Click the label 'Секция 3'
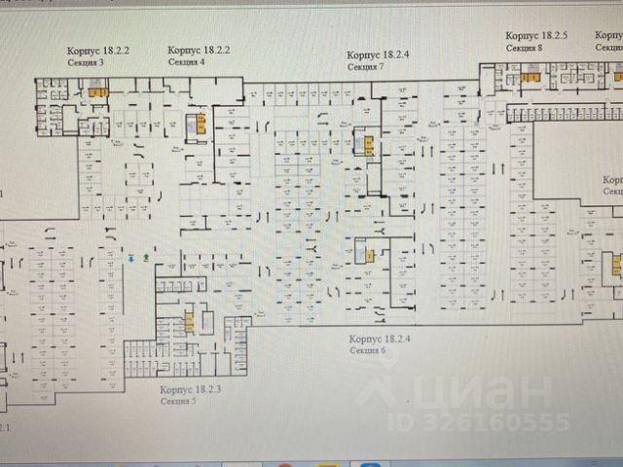pos(85,60)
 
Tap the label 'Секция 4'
pos(186,60)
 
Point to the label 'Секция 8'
pos(525,47)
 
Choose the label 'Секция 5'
pos(180,400)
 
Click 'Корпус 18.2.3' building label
pos(191,389)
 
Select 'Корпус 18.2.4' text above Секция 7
pos(379,55)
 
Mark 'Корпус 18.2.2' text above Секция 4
pos(199,49)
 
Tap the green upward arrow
pos(145,258)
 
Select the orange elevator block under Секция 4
pos(201,124)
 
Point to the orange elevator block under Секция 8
pos(530,77)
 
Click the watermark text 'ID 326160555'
pos(479,421)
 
